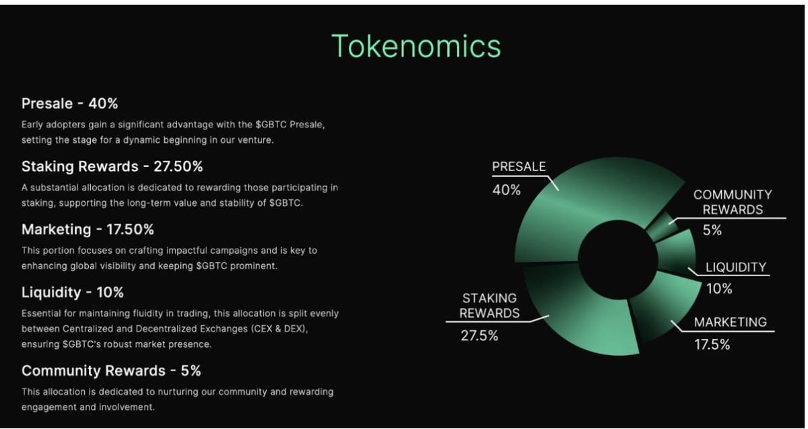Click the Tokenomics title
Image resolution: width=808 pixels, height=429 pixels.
[x=416, y=46]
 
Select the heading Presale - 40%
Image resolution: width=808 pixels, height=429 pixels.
[x=70, y=104]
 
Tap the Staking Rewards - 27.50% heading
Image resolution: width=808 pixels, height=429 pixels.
[x=112, y=166]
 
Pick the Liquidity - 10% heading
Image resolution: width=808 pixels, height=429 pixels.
[x=73, y=292]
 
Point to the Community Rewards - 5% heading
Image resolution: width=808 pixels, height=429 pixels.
[x=111, y=370]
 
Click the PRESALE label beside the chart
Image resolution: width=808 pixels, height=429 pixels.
[x=518, y=167]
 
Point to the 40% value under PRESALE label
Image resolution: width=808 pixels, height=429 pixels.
[x=506, y=191]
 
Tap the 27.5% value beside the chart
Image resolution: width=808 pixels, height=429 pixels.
[x=479, y=336]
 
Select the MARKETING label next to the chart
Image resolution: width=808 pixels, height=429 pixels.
[x=731, y=322]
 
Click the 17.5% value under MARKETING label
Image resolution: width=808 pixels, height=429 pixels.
[x=712, y=345]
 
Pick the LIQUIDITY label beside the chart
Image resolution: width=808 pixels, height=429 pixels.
[x=736, y=267]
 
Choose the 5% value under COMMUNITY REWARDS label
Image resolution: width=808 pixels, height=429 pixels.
[x=712, y=230]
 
